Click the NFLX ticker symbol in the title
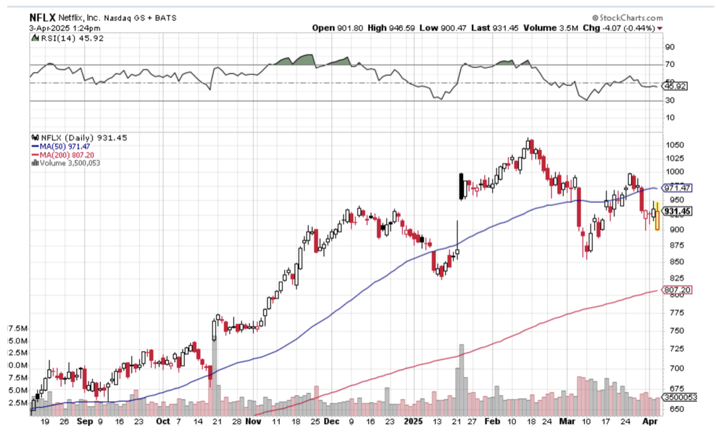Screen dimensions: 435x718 [x=43, y=18]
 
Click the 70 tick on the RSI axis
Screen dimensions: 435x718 [x=670, y=64]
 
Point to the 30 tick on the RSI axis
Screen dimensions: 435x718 [x=670, y=100]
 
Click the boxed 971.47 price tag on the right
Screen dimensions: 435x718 [x=678, y=188]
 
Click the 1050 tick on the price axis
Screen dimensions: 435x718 [x=674, y=145]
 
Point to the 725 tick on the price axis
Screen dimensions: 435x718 [x=672, y=349]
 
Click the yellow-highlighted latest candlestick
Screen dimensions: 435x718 [x=657, y=220]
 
